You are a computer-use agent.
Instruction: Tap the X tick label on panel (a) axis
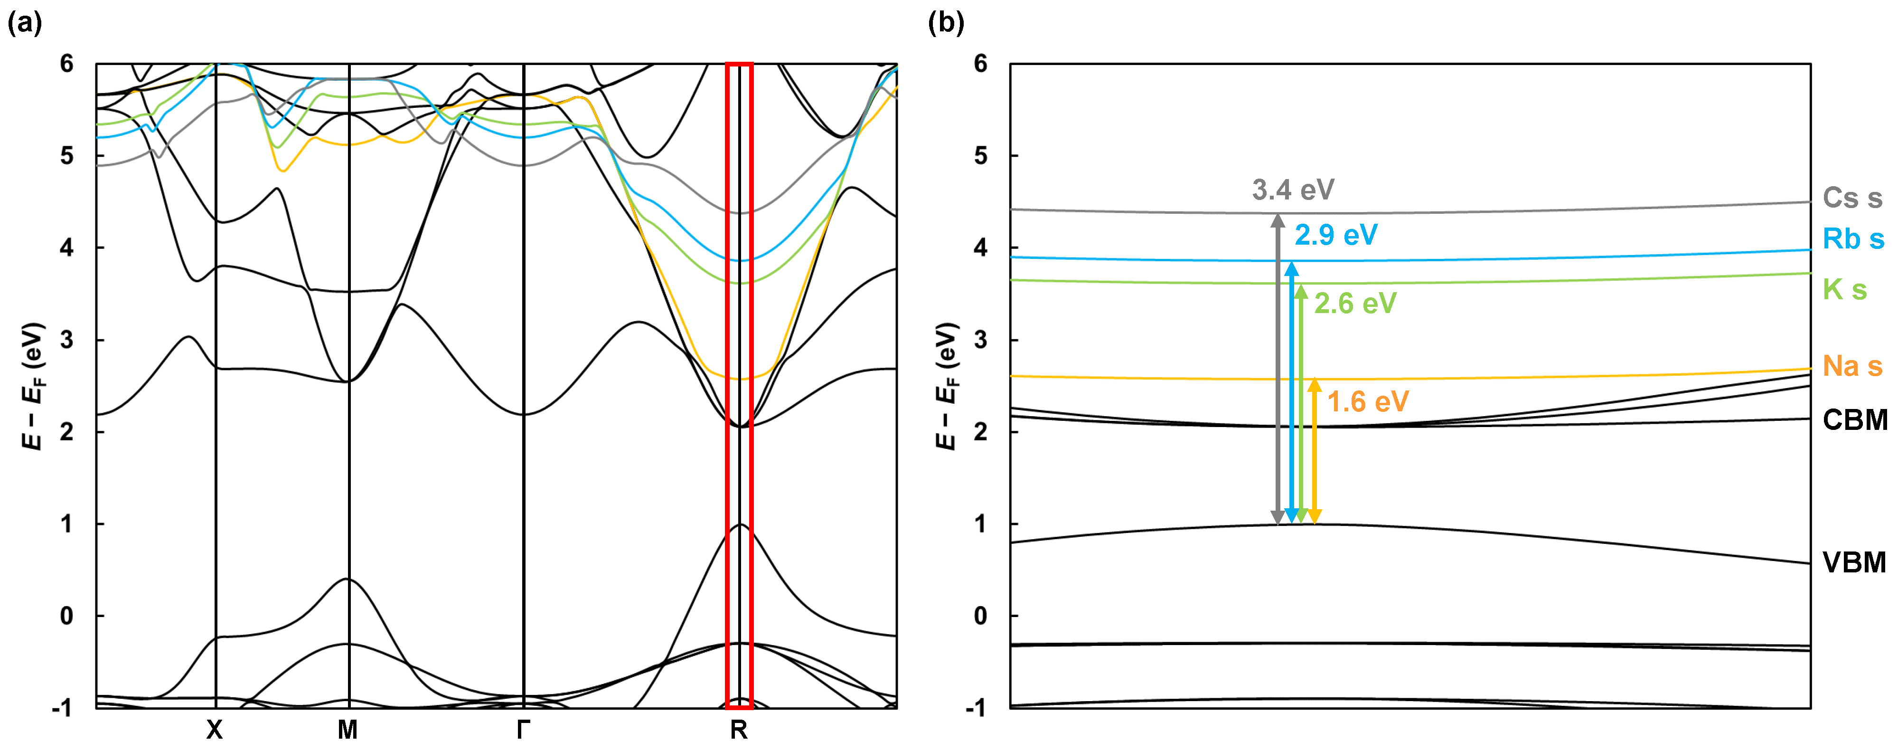[215, 730]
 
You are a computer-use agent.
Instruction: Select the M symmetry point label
[348, 730]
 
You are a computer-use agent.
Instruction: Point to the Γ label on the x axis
[523, 730]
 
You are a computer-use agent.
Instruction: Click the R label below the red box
[738, 730]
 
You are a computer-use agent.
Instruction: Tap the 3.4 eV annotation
[1293, 190]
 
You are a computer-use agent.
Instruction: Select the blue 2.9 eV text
[1336, 235]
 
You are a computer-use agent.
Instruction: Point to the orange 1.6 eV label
[1368, 402]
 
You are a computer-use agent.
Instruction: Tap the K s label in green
[1844, 290]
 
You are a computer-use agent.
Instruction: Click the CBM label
[1854, 419]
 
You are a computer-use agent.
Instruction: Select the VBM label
[1854, 562]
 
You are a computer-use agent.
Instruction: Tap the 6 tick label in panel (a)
[67, 64]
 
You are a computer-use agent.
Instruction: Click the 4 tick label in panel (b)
[981, 247]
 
